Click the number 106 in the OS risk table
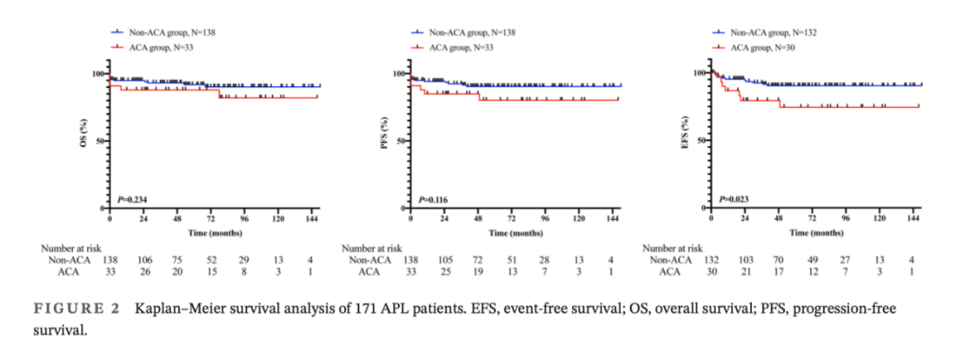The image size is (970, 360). pos(144,259)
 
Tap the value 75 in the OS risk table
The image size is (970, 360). pos(178,259)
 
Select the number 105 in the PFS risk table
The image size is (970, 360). pos(445,259)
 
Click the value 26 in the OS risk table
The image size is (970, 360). pos(144,271)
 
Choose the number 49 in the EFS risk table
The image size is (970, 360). pos(812,259)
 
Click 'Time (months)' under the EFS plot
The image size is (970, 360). pos(815,232)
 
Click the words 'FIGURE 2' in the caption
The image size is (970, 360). pos(77,309)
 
